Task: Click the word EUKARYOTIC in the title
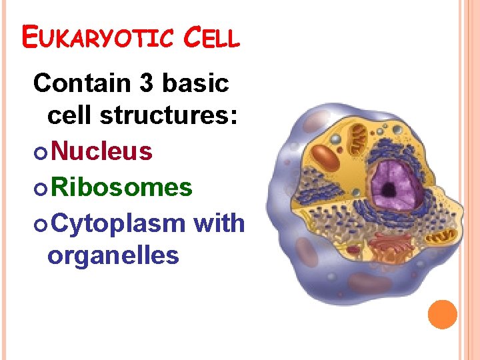click(x=93, y=39)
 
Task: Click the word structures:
click(x=169, y=115)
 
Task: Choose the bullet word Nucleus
click(x=102, y=152)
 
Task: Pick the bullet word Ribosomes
click(x=121, y=188)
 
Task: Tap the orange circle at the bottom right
click(x=442, y=315)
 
